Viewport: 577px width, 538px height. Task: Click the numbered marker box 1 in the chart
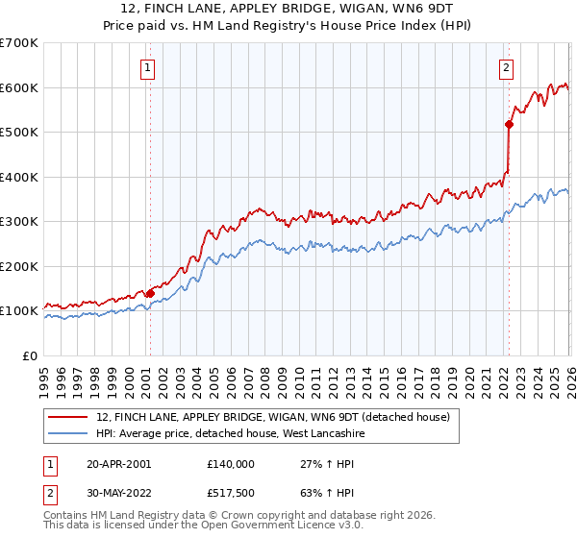[149, 67]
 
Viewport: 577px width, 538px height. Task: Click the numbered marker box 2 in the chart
[506, 67]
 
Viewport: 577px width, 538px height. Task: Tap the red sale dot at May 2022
[509, 123]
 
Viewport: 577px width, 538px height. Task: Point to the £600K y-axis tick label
[19, 87]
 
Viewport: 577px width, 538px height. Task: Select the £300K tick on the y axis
[19, 222]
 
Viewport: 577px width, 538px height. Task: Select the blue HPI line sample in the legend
[68, 434]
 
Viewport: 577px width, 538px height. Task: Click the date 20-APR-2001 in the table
[118, 463]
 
